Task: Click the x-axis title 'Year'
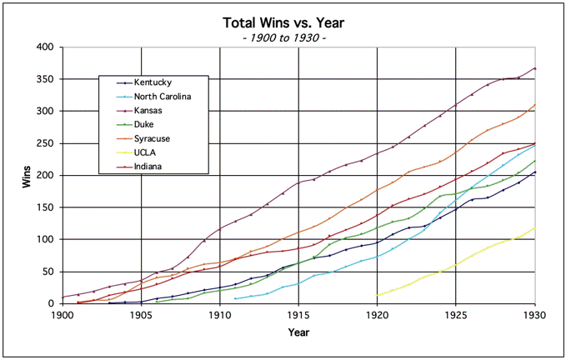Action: (x=298, y=333)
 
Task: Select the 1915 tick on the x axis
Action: (x=298, y=315)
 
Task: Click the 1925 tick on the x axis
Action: (x=456, y=315)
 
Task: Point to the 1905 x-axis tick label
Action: (x=141, y=315)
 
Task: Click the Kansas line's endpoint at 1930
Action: (x=534, y=68)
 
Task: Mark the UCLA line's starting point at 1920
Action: (x=377, y=295)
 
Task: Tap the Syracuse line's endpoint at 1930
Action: (x=534, y=104)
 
